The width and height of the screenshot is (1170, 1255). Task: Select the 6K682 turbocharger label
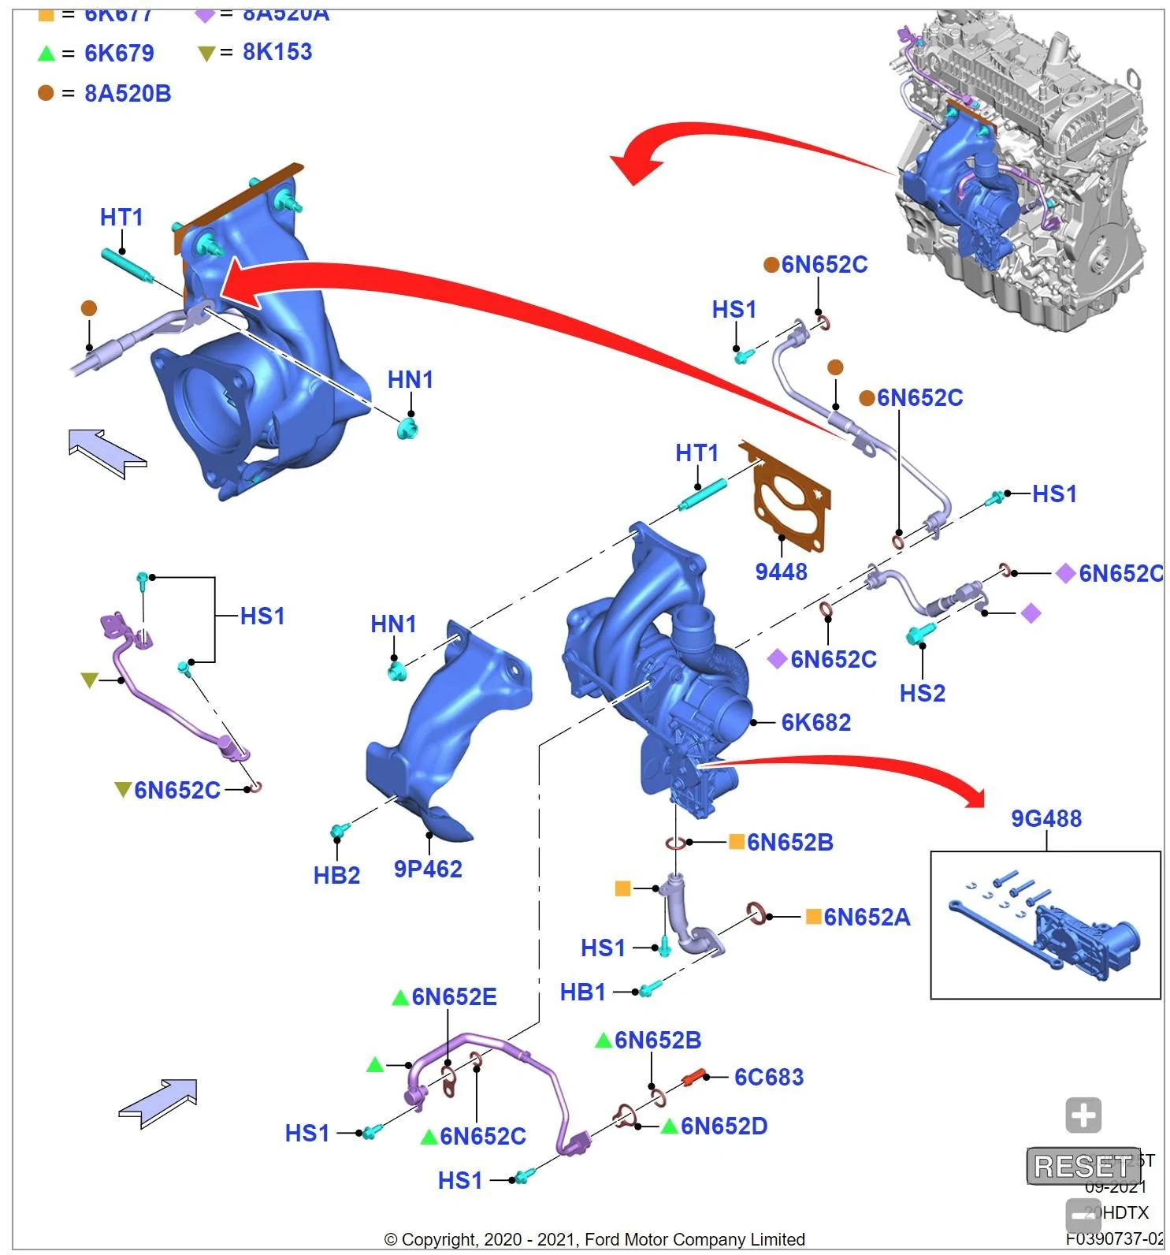pyautogui.click(x=815, y=722)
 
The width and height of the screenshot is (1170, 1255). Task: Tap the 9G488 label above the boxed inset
pyautogui.click(x=1046, y=818)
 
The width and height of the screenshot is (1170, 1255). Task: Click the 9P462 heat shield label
pyautogui.click(x=428, y=869)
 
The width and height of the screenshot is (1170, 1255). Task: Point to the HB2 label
pyautogui.click(x=336, y=875)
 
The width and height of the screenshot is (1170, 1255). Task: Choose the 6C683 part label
pyautogui.click(x=768, y=1077)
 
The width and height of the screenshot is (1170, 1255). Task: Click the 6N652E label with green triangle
pyautogui.click(x=454, y=996)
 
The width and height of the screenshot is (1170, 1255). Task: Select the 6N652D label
pyautogui.click(x=723, y=1126)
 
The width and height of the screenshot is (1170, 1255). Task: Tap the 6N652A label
pyautogui.click(x=867, y=917)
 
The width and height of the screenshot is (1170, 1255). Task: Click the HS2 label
pyautogui.click(x=922, y=693)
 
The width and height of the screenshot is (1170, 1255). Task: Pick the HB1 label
pyautogui.click(x=582, y=992)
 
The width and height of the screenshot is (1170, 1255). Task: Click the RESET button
pyautogui.click(x=1083, y=1165)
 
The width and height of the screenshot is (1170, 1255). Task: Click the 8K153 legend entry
pyautogui.click(x=277, y=52)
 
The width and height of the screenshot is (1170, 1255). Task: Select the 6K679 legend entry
pyautogui.click(x=119, y=53)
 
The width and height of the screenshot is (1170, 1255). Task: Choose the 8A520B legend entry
pyautogui.click(x=128, y=93)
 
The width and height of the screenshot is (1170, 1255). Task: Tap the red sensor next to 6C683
pyautogui.click(x=693, y=1076)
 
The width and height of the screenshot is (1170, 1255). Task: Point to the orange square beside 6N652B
pyautogui.click(x=737, y=842)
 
